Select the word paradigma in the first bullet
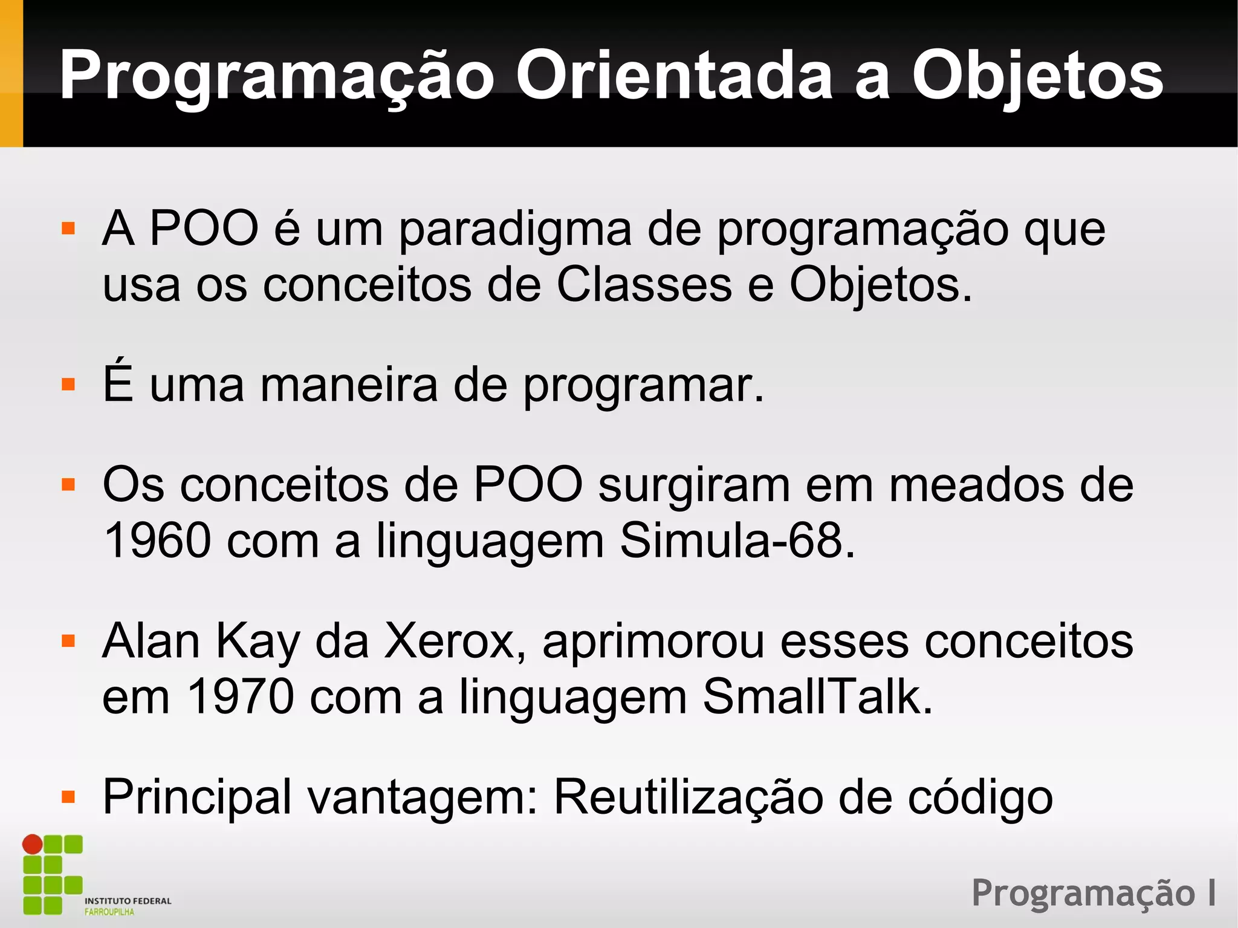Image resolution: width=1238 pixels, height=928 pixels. pos(515,231)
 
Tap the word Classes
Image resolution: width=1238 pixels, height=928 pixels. pos(644,284)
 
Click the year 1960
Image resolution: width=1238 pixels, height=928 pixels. pos(158,540)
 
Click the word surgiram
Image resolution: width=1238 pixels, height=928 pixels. pos(695,486)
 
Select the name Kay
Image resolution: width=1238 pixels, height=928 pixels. pos(258,642)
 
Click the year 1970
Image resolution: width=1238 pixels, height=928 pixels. pos(240,697)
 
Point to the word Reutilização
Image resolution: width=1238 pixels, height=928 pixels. pos(689,797)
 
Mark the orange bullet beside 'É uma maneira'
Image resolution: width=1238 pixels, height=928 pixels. pos(68,385)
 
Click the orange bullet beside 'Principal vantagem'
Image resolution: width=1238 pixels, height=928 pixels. pos(68,797)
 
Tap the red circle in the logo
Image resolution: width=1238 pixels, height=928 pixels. pos(33,844)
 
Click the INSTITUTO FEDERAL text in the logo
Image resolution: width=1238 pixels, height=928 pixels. pos(128,901)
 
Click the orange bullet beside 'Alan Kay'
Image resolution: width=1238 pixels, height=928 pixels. pos(68,641)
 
